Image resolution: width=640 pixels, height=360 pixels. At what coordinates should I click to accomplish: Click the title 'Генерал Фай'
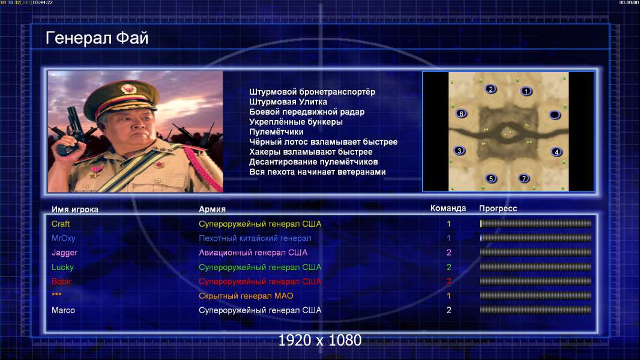coord(97,38)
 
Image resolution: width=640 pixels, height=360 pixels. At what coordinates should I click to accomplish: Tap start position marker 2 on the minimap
coord(491,89)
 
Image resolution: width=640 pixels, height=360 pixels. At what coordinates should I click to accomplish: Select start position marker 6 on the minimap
coord(461,113)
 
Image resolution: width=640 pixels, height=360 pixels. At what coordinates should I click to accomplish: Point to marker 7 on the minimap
coord(524,178)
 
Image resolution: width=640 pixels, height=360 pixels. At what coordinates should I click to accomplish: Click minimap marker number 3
coord(459,151)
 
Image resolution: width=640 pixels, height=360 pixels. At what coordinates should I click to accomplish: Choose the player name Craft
coord(61,224)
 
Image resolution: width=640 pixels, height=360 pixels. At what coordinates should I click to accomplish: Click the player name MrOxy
coord(63,238)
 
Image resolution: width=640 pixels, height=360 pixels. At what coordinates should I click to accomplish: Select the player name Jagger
coord(64,253)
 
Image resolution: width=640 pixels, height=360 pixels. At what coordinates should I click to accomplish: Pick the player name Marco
coord(63,310)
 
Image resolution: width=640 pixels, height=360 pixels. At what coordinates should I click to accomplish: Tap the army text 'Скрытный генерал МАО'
coord(246,296)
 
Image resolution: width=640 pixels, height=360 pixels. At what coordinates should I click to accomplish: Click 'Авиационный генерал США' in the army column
coord(253,253)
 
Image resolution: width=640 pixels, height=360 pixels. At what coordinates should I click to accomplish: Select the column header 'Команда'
coord(448,208)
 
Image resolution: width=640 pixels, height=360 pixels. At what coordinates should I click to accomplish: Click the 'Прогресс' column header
coord(498,209)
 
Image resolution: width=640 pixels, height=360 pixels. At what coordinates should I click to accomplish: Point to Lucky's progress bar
coord(536,267)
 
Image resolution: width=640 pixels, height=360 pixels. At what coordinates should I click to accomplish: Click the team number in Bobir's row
coord(448,281)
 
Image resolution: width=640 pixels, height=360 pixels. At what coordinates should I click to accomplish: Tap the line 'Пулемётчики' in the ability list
coord(276,131)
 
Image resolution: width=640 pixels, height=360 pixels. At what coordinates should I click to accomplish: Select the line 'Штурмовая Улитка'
coord(288,102)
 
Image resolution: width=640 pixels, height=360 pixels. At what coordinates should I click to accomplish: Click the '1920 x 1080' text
coord(319,340)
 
